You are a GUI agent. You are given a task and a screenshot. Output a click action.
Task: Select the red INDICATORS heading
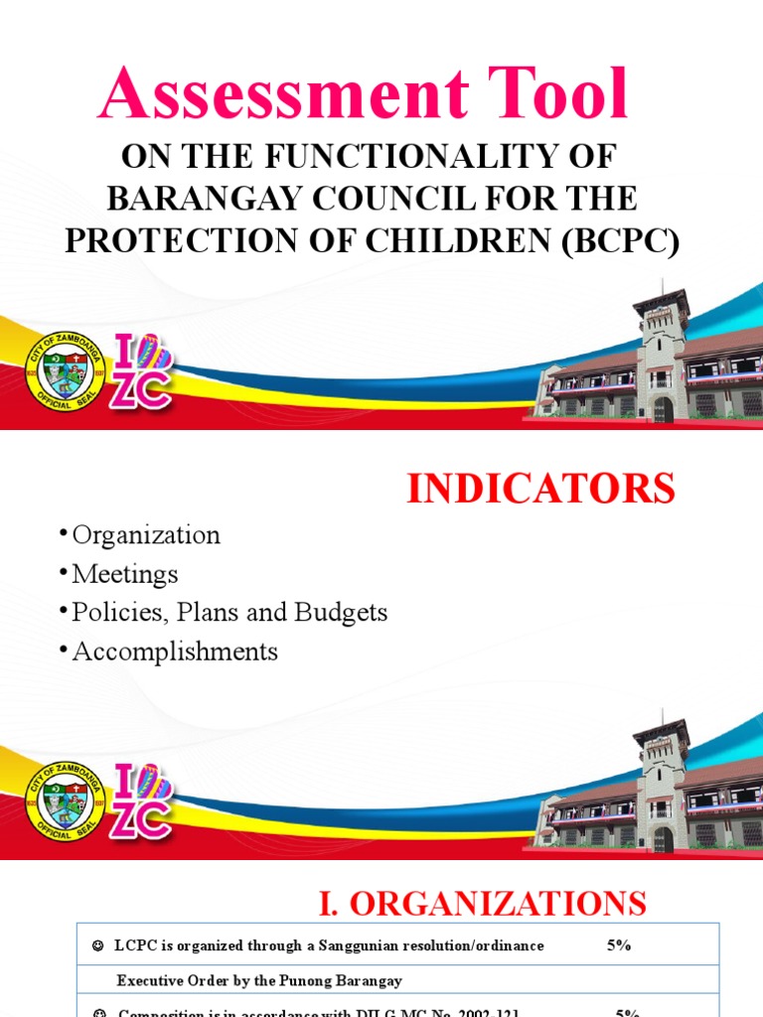pos(540,489)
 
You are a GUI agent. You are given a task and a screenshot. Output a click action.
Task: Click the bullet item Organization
pos(145,535)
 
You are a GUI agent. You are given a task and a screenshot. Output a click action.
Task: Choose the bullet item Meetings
pos(124,574)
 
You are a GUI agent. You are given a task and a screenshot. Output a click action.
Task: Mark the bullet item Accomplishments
pos(175,652)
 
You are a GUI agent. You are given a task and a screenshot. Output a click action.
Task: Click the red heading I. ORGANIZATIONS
pos(482,903)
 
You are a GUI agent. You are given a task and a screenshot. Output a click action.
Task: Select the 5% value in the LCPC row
pos(619,945)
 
